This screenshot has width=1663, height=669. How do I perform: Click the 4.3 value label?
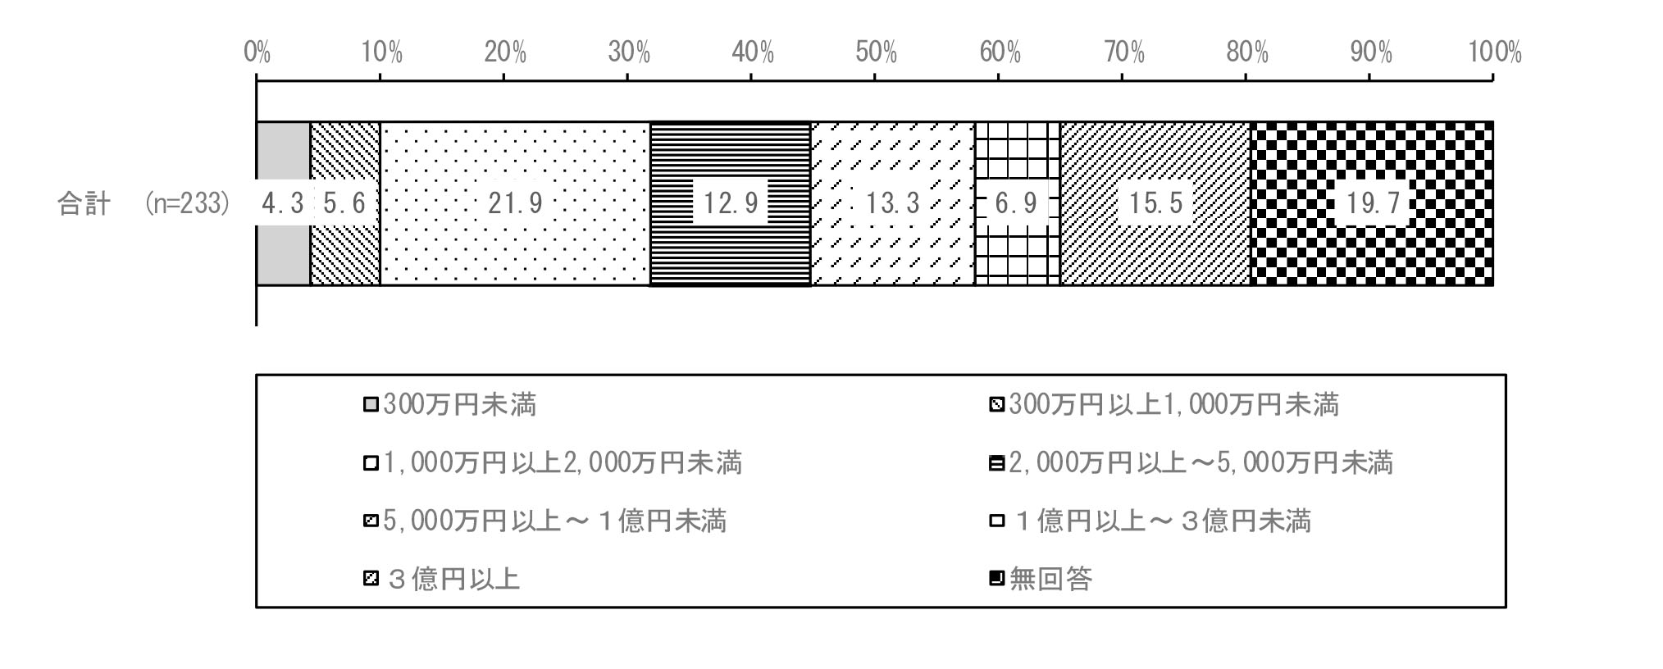(283, 203)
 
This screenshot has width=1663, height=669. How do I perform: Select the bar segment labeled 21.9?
(515, 203)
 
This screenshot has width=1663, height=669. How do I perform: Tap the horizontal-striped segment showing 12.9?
(730, 203)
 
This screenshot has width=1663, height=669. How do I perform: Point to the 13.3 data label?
(893, 203)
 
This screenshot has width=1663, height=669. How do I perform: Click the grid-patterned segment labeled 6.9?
(1017, 203)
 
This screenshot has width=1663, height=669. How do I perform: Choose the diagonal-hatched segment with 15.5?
(1155, 203)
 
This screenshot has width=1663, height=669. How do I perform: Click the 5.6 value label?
(344, 203)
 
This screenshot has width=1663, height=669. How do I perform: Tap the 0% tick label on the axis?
(257, 53)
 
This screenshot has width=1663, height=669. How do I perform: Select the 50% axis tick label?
(876, 53)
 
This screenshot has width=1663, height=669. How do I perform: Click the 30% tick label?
(629, 53)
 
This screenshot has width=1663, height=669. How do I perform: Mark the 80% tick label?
(1247, 53)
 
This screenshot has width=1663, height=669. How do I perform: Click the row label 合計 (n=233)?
(144, 203)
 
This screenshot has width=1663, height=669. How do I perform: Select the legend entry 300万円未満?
(450, 405)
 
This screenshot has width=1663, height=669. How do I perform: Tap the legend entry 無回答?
(1041, 580)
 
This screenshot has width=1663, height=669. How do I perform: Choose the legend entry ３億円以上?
(442, 580)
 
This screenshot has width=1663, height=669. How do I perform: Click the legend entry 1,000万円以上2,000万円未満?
(553, 463)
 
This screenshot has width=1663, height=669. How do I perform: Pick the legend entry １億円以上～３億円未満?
(1150, 521)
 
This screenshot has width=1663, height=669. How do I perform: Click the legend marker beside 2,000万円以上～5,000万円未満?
(997, 464)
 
